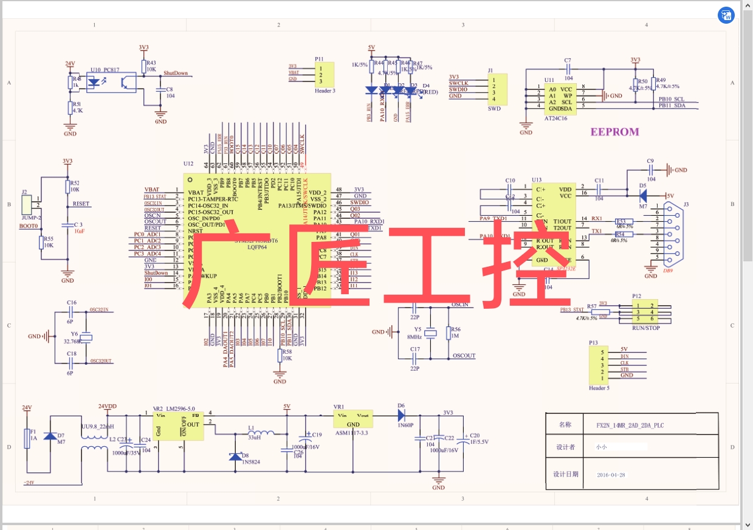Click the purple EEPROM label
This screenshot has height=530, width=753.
click(614, 131)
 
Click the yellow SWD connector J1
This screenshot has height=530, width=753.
click(498, 89)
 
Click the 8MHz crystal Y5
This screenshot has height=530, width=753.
click(431, 332)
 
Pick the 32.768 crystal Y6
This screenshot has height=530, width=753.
click(87, 338)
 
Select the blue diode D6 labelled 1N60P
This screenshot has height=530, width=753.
click(401, 416)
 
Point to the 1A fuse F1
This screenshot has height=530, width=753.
click(26, 438)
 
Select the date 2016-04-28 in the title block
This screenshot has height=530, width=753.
click(611, 475)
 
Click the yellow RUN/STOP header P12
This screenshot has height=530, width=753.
click(644, 311)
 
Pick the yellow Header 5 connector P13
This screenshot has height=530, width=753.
click(599, 365)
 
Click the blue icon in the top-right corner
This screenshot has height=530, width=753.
click(726, 15)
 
